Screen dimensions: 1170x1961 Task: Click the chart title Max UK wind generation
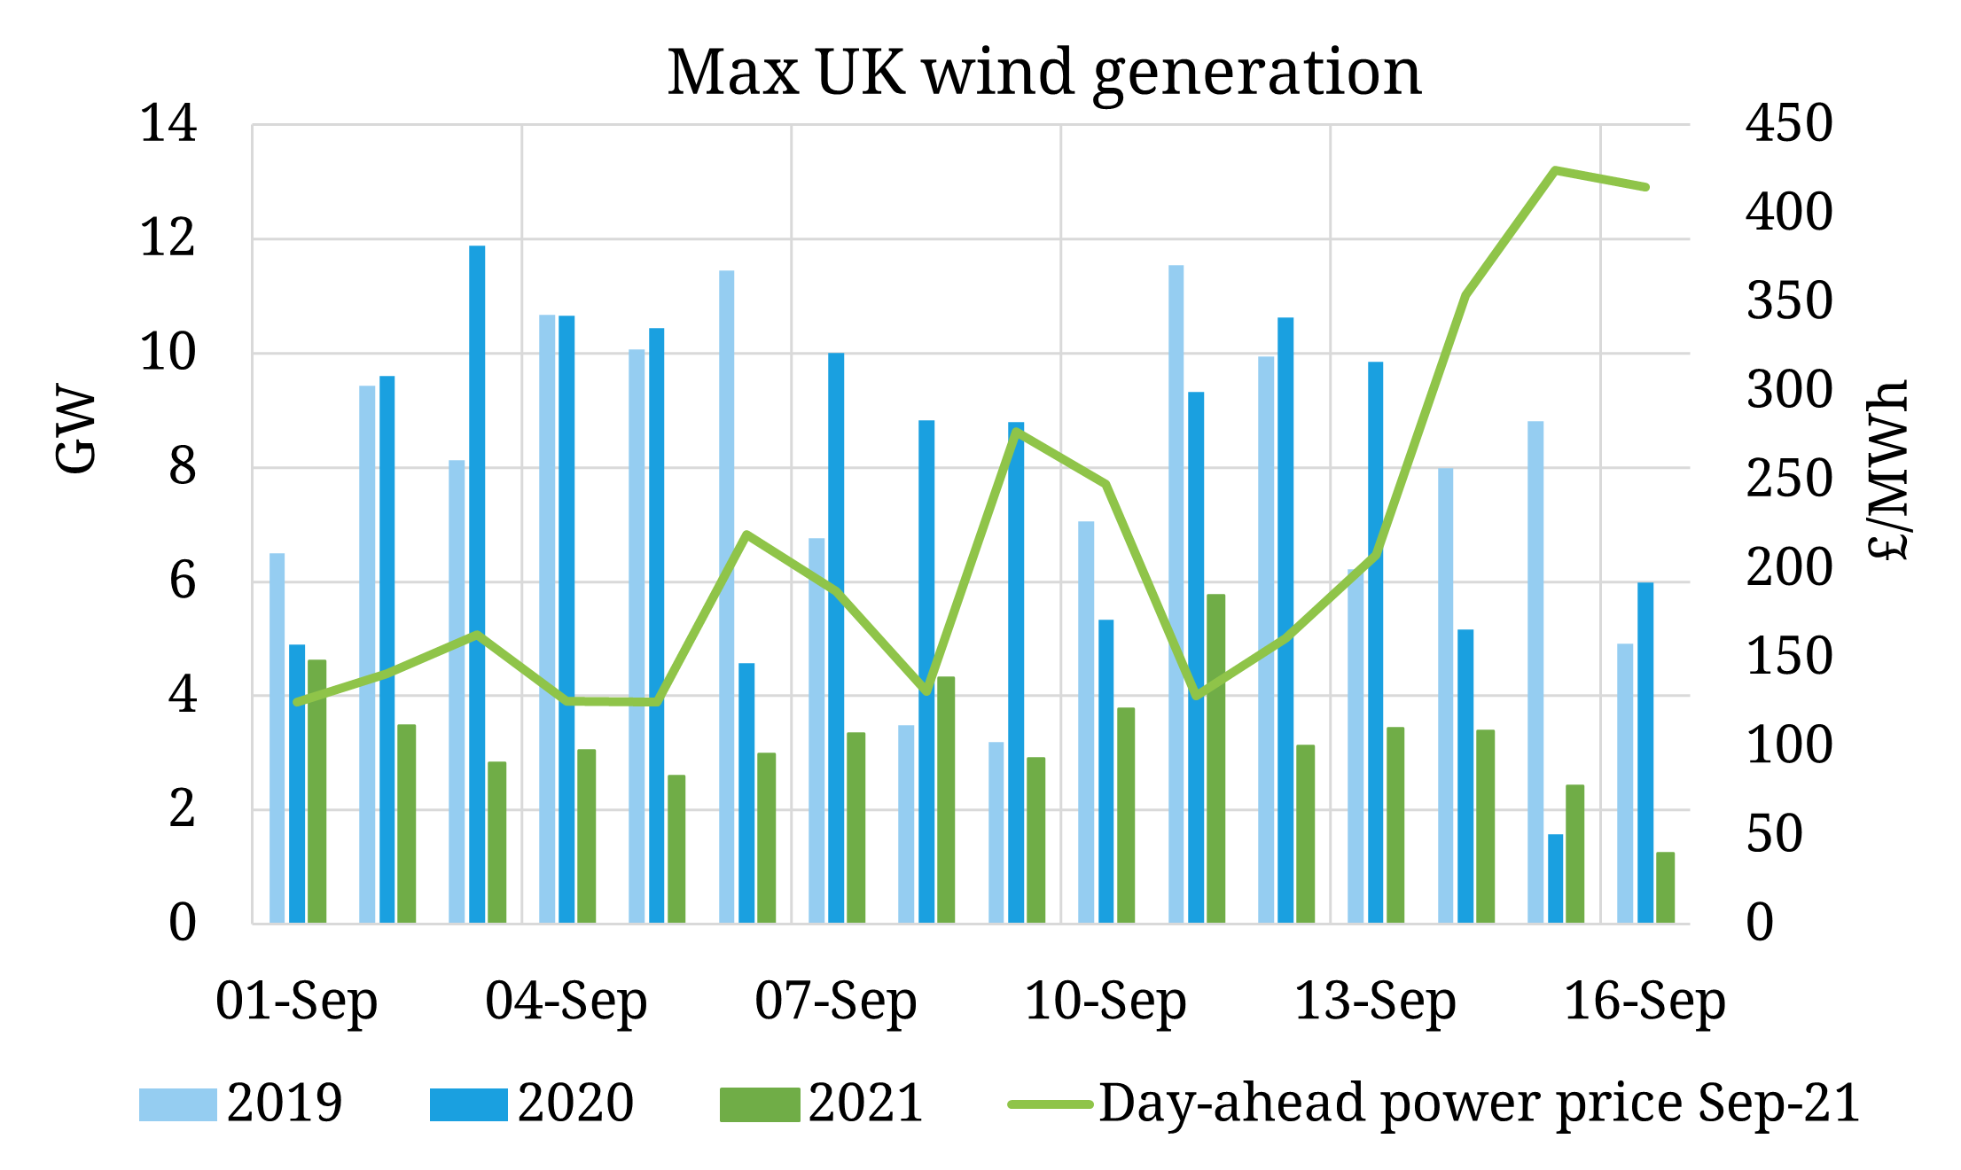point(1044,73)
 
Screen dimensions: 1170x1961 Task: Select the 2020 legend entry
point(532,1104)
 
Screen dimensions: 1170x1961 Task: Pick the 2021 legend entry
point(822,1104)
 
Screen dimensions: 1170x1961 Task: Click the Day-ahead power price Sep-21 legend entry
point(1434,1104)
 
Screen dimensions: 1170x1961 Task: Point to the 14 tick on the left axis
point(168,124)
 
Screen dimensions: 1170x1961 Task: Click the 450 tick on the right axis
point(1788,124)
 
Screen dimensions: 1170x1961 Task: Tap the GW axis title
point(76,429)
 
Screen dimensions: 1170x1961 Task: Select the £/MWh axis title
point(1888,470)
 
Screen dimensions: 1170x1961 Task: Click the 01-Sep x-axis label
point(297,1002)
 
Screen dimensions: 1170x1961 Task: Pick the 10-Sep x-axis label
point(1106,1002)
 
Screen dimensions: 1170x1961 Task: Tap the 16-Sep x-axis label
point(1645,1002)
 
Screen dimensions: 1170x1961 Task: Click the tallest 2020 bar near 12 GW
point(477,585)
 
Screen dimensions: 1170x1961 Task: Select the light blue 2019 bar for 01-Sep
point(277,738)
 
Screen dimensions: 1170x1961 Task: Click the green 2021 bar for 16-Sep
point(1666,888)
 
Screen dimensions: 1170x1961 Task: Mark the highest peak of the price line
point(1555,169)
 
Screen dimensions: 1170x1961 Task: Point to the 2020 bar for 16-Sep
point(1645,753)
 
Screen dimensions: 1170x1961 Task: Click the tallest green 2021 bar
point(1216,759)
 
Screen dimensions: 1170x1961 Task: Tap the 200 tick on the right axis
point(1788,569)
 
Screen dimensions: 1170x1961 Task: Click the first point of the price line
point(297,702)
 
